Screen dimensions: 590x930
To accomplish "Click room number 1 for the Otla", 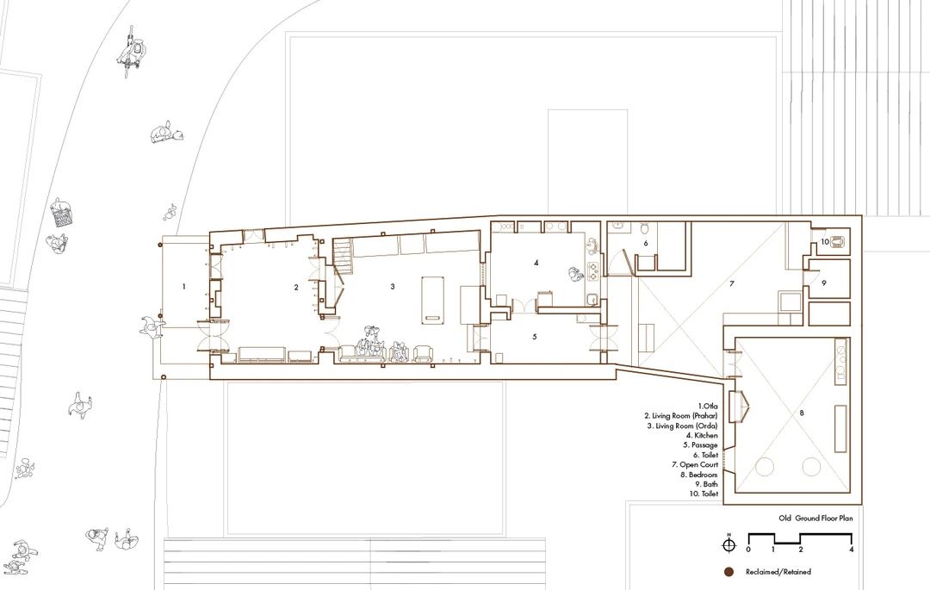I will [x=183, y=283].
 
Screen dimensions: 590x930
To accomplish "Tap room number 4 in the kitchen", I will [x=536, y=263].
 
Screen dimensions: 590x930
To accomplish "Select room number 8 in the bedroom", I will [x=802, y=413].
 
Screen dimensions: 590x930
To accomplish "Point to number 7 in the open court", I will [x=732, y=283].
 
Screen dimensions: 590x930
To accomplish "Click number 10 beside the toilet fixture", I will [x=824, y=242].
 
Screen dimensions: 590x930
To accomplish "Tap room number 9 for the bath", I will [x=823, y=282].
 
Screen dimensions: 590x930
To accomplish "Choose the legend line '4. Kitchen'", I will [x=701, y=435].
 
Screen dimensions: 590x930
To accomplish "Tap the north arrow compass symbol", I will [x=728, y=544].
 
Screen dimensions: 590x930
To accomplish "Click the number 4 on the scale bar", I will [x=851, y=550].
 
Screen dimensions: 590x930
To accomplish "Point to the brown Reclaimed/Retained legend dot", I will [x=728, y=571].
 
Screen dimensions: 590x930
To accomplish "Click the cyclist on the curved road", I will [x=132, y=53].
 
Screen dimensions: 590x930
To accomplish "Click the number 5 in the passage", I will [x=534, y=336].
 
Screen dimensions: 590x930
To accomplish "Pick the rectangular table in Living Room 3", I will [x=431, y=299].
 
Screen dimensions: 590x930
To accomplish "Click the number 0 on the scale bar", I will [x=748, y=550].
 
